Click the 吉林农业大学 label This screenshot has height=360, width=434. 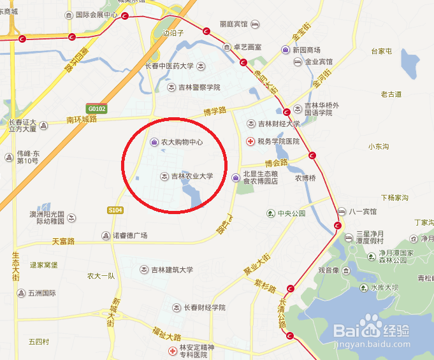point(191,176)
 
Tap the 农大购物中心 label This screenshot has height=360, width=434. point(182,142)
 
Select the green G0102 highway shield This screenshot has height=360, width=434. point(97,109)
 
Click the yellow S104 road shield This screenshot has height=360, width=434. point(115,210)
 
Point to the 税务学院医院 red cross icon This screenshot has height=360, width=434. point(250,141)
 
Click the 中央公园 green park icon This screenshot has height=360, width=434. point(270,213)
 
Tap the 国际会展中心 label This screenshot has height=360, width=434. point(96,15)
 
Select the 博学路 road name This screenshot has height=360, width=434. point(215,111)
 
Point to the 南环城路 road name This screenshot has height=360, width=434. point(81,119)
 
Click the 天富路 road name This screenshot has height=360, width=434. point(63,241)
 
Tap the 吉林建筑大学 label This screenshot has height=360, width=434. point(171,270)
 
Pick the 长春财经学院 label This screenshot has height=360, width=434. point(205,307)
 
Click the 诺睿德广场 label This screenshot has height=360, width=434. point(130,236)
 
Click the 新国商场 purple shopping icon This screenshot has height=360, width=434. point(286,50)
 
